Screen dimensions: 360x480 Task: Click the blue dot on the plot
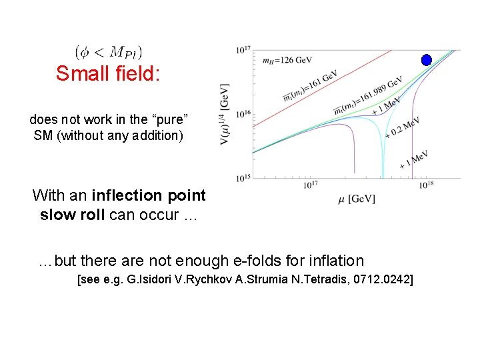pos(427,60)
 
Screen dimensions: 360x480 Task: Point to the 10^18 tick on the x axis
pos(427,185)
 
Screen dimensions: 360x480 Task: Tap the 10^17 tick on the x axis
pos(311,185)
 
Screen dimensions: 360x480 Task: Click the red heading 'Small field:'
pos(108,73)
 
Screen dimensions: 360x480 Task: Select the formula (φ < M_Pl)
pos(108,51)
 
